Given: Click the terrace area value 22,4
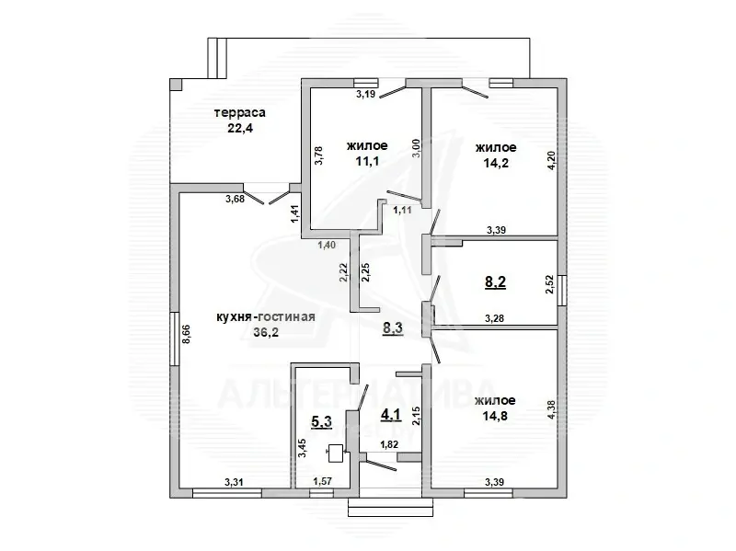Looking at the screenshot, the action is tap(240, 128).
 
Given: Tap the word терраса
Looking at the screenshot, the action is tap(240, 112).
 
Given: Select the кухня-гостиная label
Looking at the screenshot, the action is tap(266, 316).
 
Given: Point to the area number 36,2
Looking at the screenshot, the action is tap(266, 332).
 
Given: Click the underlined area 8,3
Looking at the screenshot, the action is tap(393, 328).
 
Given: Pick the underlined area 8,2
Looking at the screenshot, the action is tap(495, 282).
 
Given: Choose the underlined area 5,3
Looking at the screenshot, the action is tap(321, 421).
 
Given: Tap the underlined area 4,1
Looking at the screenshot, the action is tap(391, 415).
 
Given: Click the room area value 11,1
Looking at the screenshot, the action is tap(367, 162).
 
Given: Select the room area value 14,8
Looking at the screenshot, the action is tap(495, 416).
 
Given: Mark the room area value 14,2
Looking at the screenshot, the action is tap(496, 163).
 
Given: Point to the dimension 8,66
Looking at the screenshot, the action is tap(187, 334).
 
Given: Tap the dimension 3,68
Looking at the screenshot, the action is tap(235, 199).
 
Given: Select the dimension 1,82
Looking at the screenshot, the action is tap(389, 444).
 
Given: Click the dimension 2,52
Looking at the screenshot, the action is tap(549, 284).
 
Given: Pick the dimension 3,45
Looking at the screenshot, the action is tap(303, 448).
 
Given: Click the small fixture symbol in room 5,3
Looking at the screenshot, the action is tap(335, 453).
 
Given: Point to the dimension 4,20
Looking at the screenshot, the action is tap(552, 160).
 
